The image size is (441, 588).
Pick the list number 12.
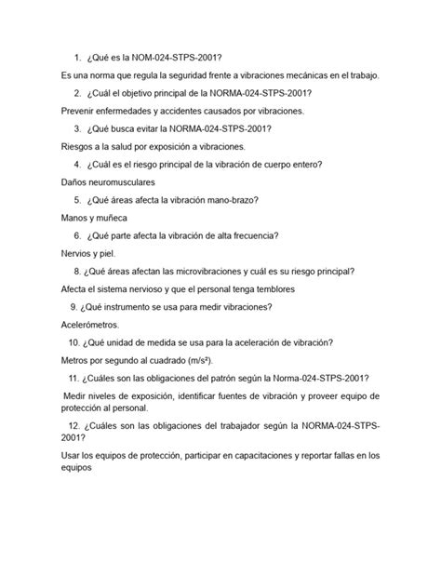click(x=75, y=425)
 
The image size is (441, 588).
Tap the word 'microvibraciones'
click(x=216, y=271)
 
